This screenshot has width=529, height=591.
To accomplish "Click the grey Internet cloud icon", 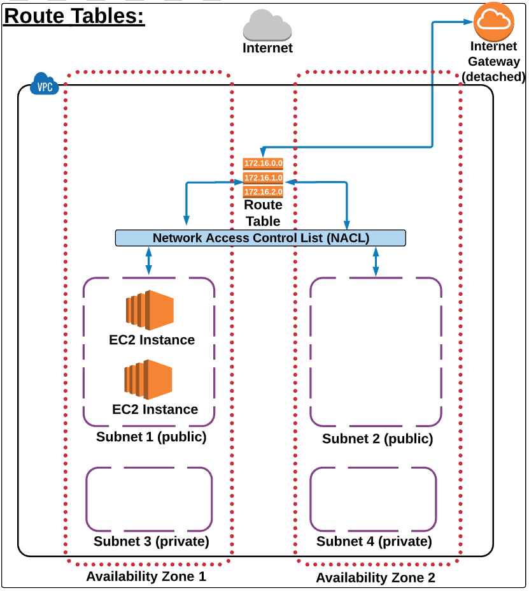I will point(267,27).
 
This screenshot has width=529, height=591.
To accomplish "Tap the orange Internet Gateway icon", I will point(494,20).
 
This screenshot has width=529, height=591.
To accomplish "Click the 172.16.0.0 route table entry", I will point(263,164).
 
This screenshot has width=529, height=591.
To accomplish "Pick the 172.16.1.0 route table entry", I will point(263,177).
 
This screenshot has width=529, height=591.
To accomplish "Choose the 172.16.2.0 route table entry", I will point(263,191).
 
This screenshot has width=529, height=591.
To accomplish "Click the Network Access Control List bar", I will point(260,238).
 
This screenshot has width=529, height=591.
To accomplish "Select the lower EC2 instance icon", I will point(149,379).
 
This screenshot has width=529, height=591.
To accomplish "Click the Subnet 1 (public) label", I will point(152,437).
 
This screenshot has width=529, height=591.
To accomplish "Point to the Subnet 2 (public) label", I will point(377,439).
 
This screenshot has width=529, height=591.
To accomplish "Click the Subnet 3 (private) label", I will point(152,542).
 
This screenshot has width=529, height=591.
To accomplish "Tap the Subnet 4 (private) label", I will point(374,542).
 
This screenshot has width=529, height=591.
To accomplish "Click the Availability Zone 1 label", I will point(146,577).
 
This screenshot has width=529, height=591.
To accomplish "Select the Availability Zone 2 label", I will point(376,578).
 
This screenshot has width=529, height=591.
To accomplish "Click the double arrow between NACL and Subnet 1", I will point(149,261).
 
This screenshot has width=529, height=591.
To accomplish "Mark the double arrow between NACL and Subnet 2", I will point(376,261).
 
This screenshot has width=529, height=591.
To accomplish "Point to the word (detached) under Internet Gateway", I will point(494,77).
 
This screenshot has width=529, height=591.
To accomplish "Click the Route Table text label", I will point(263,213).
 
